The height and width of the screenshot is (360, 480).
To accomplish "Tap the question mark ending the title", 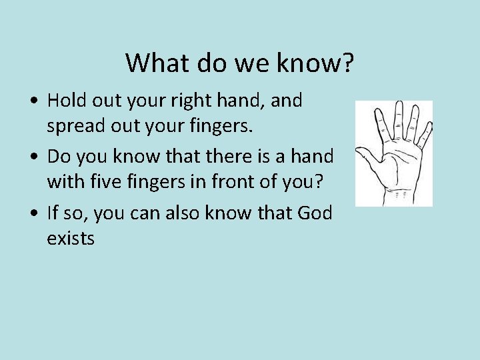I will tap(347, 63).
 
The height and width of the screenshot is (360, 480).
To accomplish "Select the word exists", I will tap(71, 238).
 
